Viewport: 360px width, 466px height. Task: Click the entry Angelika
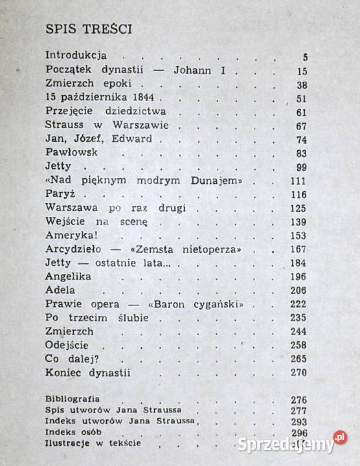(x=69, y=276)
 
